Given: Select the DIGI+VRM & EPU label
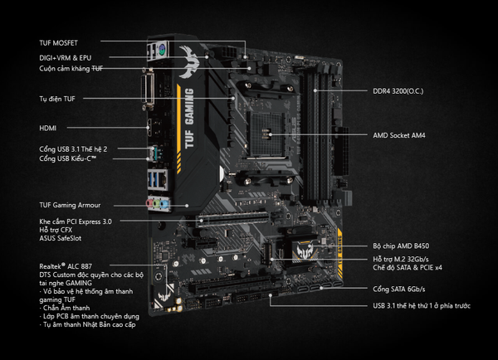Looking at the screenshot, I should [x=67, y=57].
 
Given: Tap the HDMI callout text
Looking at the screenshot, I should [x=49, y=129].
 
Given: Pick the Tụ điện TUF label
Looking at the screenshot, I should [x=57, y=99].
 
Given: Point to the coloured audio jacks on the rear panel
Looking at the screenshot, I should [x=155, y=204].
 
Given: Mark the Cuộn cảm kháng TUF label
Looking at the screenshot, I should [x=71, y=69].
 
